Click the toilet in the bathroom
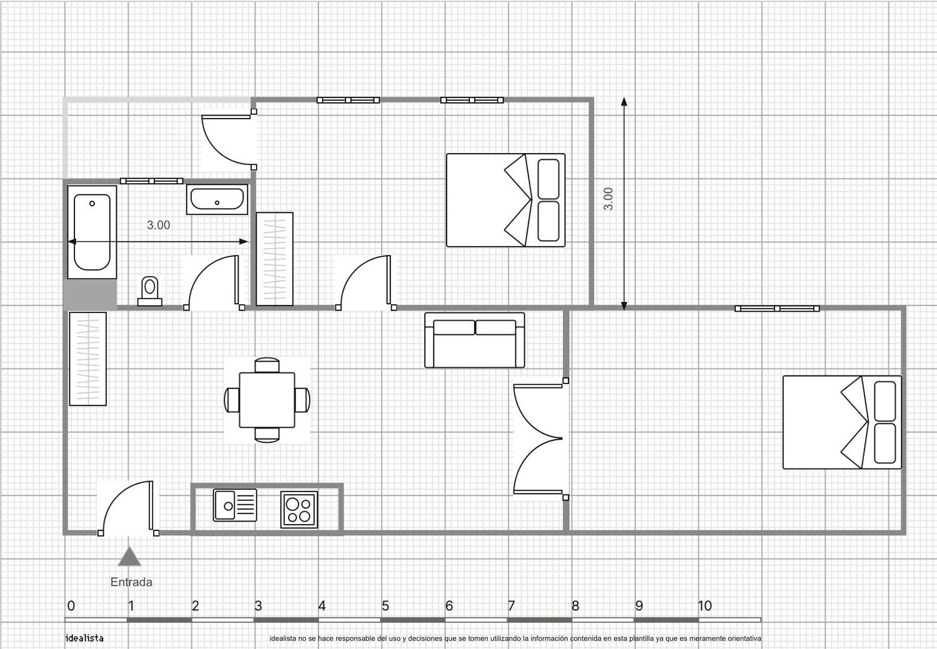click(x=150, y=291)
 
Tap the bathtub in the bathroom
click(x=92, y=232)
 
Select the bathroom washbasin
click(x=217, y=199)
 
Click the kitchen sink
click(x=235, y=505)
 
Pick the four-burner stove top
click(x=299, y=509)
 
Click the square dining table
click(x=267, y=400)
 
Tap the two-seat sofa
click(x=475, y=340)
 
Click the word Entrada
click(x=131, y=582)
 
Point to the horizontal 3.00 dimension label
click(x=159, y=225)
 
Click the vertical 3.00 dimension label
click(x=608, y=199)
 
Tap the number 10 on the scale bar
click(x=705, y=605)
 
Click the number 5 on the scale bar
click(x=385, y=605)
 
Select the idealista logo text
click(x=84, y=638)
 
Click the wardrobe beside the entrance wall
click(x=88, y=359)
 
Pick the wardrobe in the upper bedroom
click(x=274, y=259)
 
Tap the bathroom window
click(x=151, y=181)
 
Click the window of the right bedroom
click(x=777, y=309)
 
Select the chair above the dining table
click(x=267, y=365)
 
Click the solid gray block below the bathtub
click(x=90, y=294)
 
